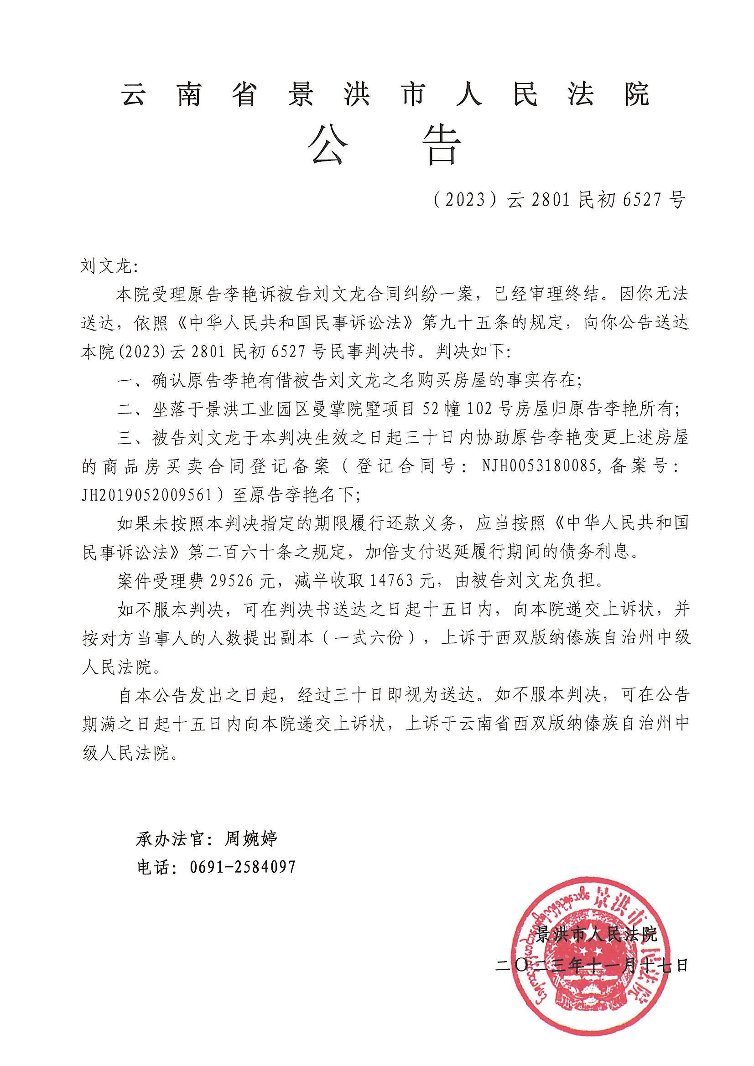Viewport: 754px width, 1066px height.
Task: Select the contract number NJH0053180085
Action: coord(538,466)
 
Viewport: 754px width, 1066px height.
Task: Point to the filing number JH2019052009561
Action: coord(147,496)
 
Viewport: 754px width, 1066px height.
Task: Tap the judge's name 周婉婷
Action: coord(251,838)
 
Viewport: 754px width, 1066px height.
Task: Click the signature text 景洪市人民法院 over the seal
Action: coord(597,934)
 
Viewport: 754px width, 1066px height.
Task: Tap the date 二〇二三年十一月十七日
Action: coord(592,966)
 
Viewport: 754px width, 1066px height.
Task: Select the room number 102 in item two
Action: coord(479,409)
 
